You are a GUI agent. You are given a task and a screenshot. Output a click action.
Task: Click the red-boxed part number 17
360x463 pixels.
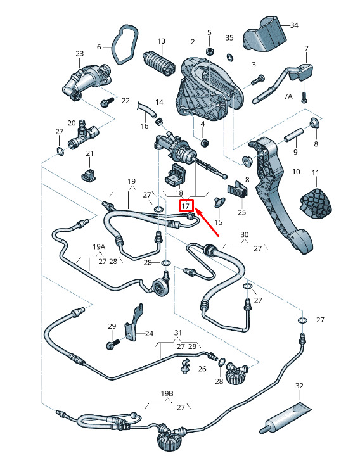(x=186, y=205)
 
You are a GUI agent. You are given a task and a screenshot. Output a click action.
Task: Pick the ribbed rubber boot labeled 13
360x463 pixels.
(x=158, y=63)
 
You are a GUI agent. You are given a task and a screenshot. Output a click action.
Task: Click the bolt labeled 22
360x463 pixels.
(x=106, y=102)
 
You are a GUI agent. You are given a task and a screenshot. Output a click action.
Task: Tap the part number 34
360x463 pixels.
(x=294, y=25)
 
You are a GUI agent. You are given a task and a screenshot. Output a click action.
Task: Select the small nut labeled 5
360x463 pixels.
(x=209, y=52)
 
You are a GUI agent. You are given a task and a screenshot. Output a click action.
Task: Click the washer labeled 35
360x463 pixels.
(x=229, y=57)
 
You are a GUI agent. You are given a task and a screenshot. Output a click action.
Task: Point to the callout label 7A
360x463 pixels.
(x=288, y=96)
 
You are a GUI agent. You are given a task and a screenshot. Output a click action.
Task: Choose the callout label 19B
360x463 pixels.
(x=167, y=393)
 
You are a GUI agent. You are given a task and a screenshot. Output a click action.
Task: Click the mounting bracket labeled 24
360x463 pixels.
(x=134, y=323)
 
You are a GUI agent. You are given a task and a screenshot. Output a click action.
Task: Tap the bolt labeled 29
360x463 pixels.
(x=112, y=344)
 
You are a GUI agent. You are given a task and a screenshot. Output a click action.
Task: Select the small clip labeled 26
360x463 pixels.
(x=185, y=366)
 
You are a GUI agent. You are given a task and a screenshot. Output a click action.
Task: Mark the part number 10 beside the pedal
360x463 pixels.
(x=296, y=172)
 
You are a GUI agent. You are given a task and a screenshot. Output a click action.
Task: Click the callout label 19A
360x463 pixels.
(x=99, y=246)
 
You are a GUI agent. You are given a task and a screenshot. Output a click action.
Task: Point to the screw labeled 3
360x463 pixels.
(x=257, y=80)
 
